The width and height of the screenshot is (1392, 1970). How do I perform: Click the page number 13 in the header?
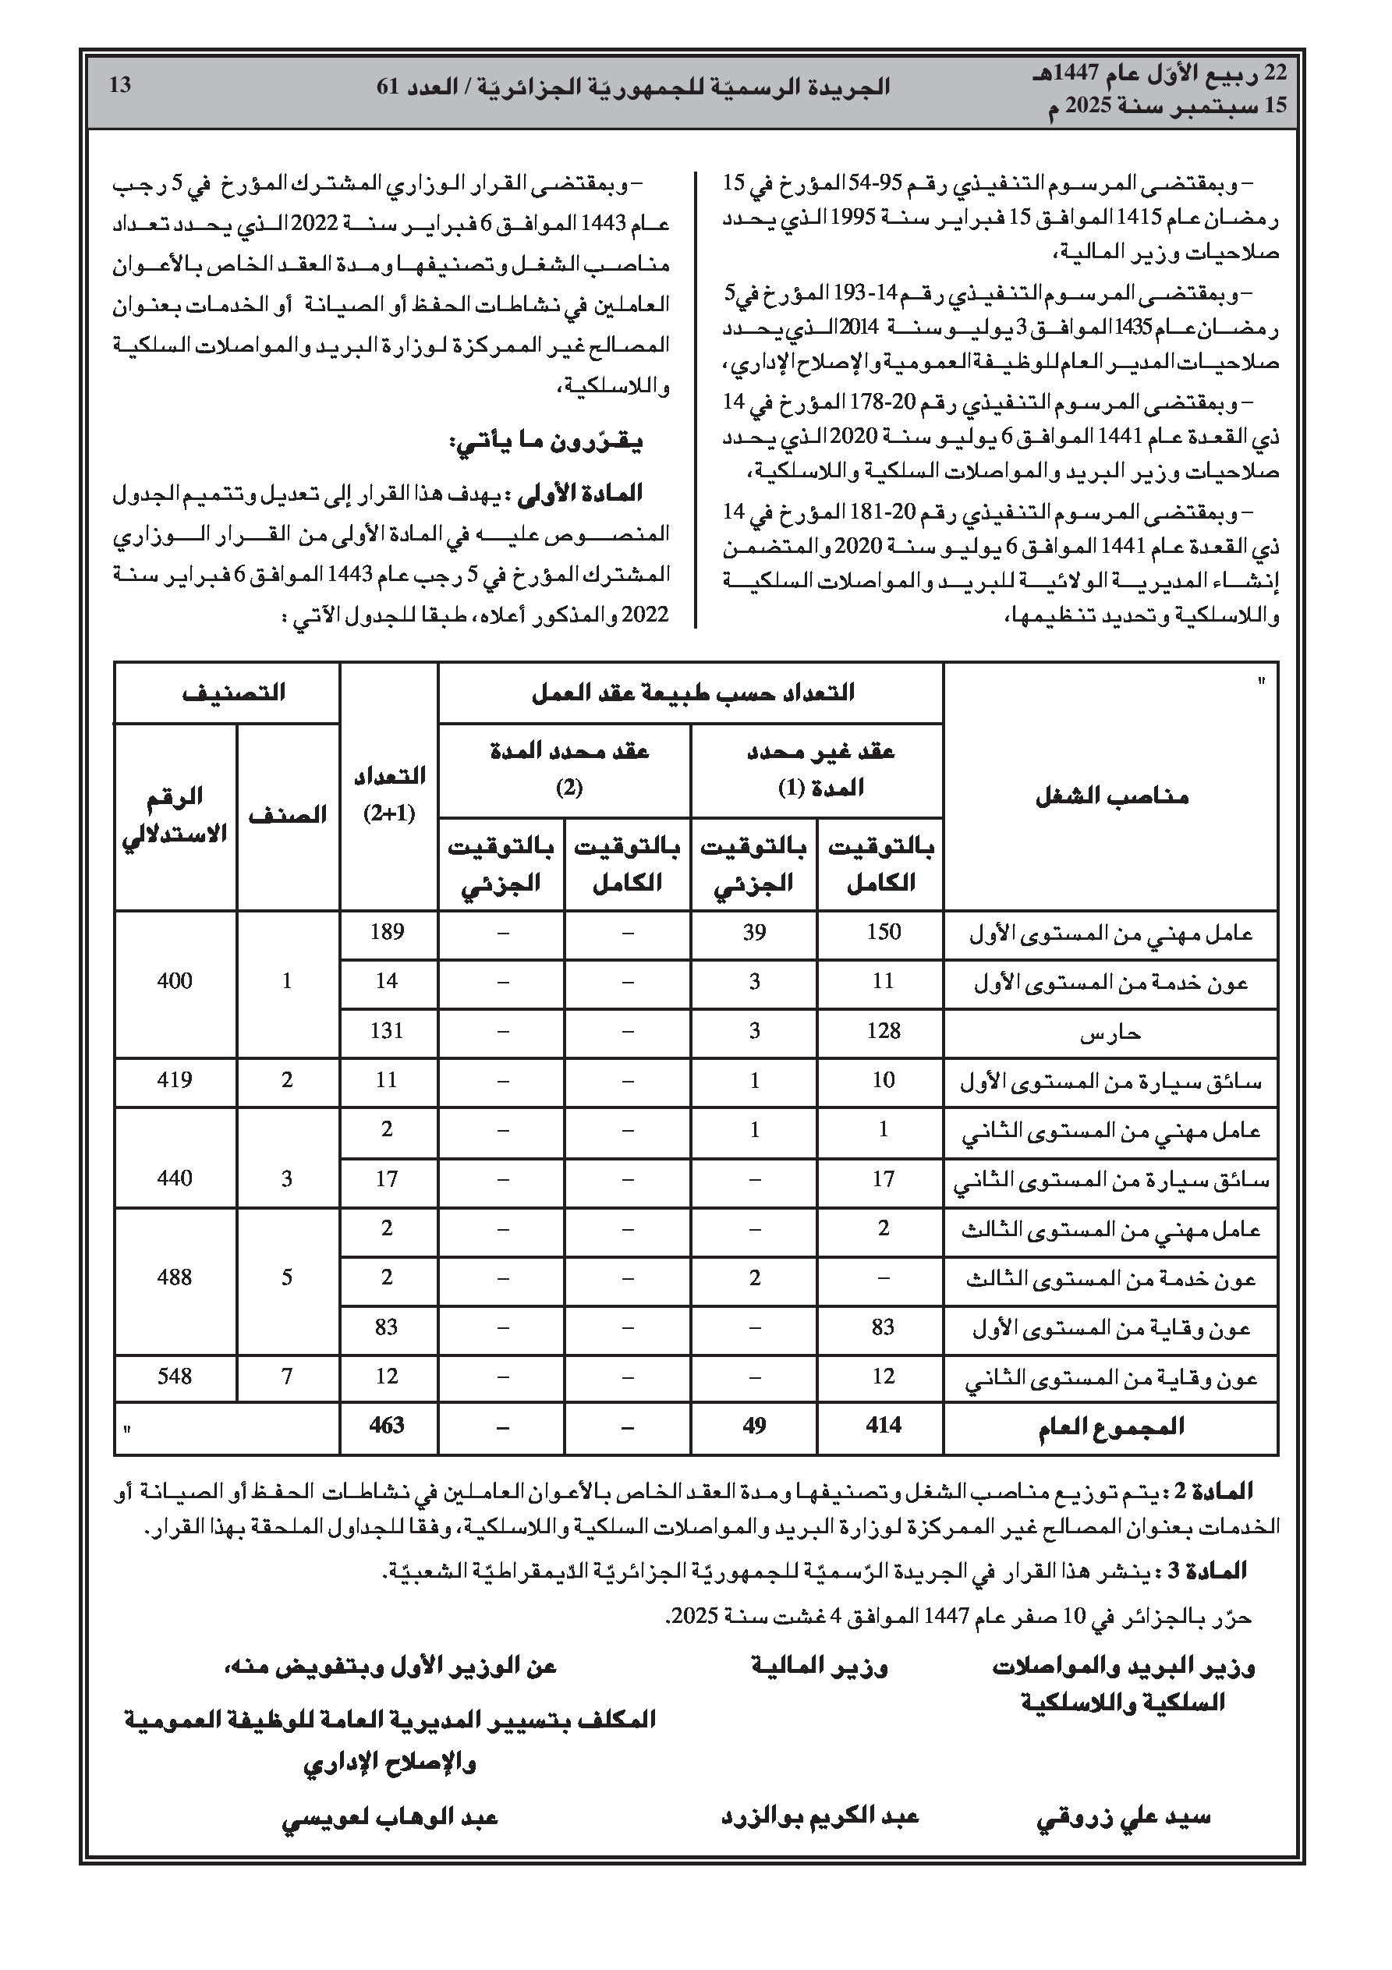pos(120,85)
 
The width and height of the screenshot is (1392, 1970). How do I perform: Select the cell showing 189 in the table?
pos(386,932)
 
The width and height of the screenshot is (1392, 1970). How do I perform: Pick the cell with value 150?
pos(883,932)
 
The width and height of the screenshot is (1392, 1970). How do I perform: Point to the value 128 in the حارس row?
pos(883,1030)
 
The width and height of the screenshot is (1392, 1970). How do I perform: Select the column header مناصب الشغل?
pos(1110,796)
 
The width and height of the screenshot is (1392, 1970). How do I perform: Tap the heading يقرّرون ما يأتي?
pos(546,443)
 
